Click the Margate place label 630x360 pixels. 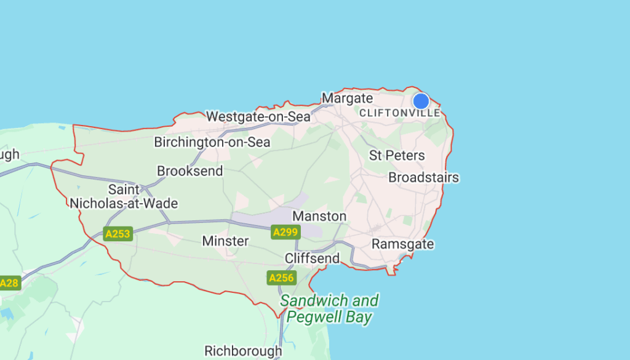348,98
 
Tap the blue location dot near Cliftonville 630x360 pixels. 421,101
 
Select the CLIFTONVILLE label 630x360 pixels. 400,113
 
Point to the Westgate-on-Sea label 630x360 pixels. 258,116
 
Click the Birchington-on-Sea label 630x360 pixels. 212,142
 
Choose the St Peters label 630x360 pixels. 397,155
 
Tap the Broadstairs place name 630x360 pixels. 423,178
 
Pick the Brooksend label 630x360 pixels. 190,171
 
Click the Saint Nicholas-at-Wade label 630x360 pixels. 124,196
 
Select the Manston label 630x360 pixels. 319,217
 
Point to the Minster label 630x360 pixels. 225,241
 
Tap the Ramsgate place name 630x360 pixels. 402,244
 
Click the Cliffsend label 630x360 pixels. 312,258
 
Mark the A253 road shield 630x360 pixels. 118,234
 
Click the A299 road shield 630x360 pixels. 285,232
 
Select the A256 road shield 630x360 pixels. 281,278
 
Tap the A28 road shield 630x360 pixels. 9,283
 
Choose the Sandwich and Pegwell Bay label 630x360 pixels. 329,309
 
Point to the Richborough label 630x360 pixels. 243,351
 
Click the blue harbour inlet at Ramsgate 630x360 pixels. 402,258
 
